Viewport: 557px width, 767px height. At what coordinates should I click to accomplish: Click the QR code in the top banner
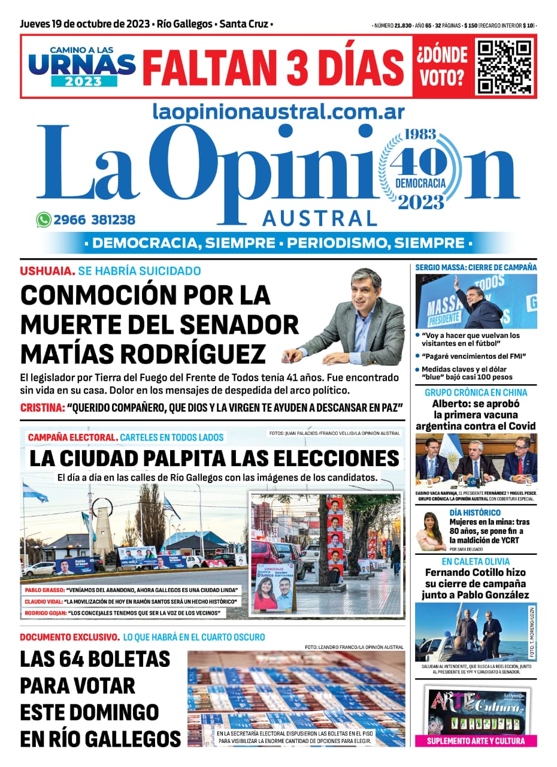[x=504, y=66]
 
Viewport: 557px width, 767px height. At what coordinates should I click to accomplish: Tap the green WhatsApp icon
[x=44, y=220]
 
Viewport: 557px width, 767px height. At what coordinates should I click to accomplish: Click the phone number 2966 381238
[x=95, y=220]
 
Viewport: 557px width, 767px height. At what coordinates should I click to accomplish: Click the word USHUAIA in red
[x=47, y=271]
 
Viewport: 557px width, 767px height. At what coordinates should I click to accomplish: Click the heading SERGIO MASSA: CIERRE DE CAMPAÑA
[x=476, y=267]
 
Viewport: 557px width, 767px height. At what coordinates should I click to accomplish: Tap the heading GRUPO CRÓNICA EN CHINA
[x=476, y=392]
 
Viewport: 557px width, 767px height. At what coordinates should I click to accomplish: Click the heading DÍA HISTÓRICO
[x=475, y=513]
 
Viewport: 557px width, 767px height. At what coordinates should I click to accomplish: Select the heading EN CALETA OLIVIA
[x=476, y=561]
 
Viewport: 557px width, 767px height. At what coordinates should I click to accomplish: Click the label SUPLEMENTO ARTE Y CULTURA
[x=476, y=741]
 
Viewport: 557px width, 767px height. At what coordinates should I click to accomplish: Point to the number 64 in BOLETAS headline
[x=81, y=659]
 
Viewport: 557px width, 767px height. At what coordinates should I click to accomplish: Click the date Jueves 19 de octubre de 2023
[x=86, y=25]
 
